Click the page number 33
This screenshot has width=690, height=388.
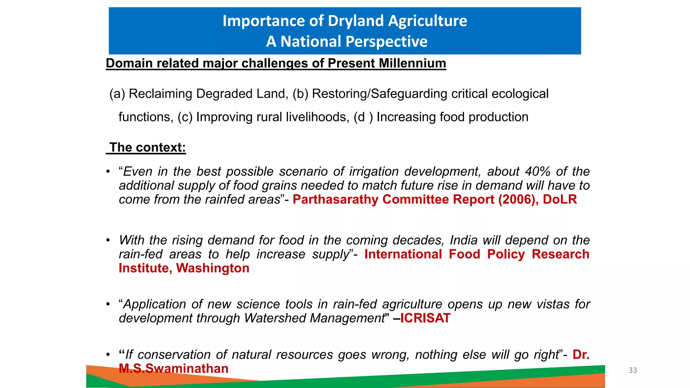coord(633,370)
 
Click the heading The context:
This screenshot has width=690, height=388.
coord(147,148)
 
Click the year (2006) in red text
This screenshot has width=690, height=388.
coord(516,199)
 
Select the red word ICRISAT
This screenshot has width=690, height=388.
coord(425,318)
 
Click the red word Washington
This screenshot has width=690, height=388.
coord(213,268)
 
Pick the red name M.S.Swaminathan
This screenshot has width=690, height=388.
coord(174,368)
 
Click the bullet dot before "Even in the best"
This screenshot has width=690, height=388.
coord(108,172)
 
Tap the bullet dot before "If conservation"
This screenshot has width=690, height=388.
coord(108,355)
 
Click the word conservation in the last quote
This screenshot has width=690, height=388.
coord(174,355)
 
